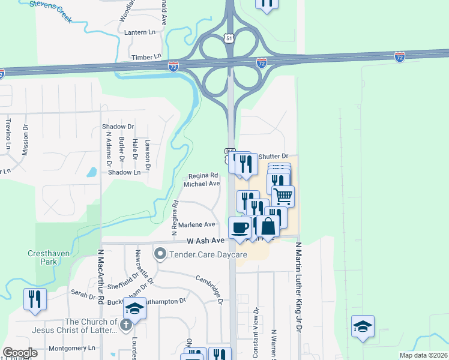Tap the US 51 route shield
[x=229, y=37]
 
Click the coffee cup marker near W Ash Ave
[x=240, y=228]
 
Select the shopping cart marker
[x=283, y=196]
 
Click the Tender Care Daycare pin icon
[x=160, y=254]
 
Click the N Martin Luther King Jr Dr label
[x=297, y=287]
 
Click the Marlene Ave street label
[x=200, y=224]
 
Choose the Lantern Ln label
[x=139, y=31]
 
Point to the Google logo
[x=20, y=353]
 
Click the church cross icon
[x=125, y=325]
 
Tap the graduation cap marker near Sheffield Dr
[x=135, y=310]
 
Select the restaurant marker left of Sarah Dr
[x=35, y=299]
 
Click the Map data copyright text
[x=423, y=355]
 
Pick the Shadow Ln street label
[x=124, y=172]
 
